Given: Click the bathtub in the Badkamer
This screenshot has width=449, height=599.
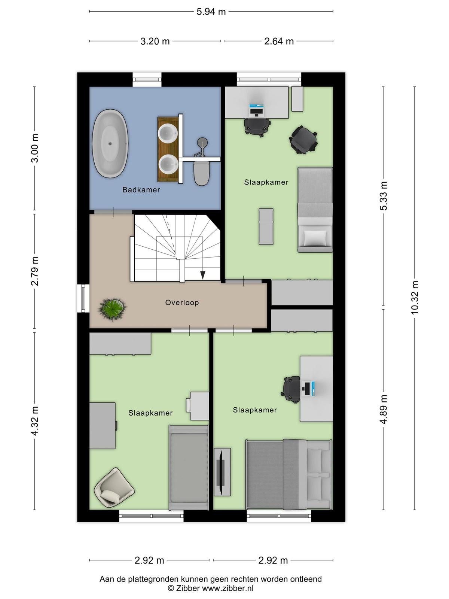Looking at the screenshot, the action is tap(110, 143).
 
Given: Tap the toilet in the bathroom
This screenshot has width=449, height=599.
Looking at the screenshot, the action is tap(201, 173).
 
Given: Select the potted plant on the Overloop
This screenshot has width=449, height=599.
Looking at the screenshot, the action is tap(112, 310).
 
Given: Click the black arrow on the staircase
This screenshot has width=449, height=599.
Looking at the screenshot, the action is tap(202, 275).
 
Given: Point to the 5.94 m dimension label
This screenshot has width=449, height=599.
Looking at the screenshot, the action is tap(211, 12).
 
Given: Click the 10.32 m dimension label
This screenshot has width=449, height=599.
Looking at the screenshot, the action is tap(414, 298).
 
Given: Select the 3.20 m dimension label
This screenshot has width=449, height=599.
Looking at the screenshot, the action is tap(155, 42).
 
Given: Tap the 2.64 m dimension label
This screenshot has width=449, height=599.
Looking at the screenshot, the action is tap(279, 42).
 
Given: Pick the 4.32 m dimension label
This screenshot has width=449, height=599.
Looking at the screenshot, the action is tap(35, 420).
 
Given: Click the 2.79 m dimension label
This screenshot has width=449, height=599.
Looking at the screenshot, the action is tap(35, 271).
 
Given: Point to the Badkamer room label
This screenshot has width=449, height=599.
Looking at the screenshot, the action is tap(141, 190).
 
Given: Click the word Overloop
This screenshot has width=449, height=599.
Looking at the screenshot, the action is tap(182, 302).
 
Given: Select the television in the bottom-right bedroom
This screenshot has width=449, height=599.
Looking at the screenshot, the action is tap(221, 472).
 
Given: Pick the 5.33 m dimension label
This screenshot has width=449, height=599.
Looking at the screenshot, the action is tap(383, 196).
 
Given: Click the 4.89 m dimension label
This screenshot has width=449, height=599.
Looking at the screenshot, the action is tap(383, 409).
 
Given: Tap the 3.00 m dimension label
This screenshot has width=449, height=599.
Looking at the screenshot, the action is tap(35, 148).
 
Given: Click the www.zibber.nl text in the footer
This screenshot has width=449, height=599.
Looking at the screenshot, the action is tap(227, 588).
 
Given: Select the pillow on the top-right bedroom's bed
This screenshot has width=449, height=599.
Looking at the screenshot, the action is tap(315, 237).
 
